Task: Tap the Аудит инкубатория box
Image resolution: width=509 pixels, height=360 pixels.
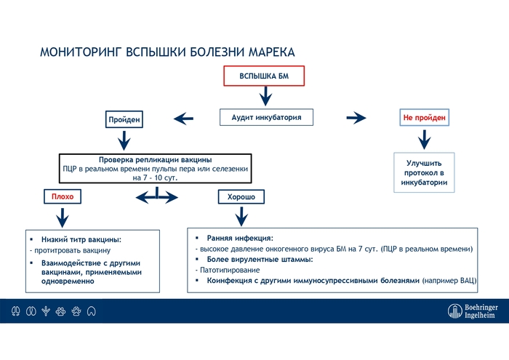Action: click(x=266, y=117)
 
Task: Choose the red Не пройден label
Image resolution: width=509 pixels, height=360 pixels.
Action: click(x=425, y=117)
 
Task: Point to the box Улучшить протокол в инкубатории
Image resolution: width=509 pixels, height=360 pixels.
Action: click(x=425, y=172)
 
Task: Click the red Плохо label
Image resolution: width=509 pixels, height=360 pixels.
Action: click(x=63, y=196)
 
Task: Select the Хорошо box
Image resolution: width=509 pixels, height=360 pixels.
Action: click(x=241, y=196)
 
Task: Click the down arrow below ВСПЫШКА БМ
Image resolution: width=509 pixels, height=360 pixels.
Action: click(x=265, y=95)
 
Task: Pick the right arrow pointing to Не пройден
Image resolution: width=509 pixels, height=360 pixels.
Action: click(x=356, y=117)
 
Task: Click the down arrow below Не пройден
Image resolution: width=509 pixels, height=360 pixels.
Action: click(x=425, y=137)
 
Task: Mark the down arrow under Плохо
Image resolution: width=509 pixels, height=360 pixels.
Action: click(x=63, y=216)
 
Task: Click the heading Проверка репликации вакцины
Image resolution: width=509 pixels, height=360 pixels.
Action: click(x=155, y=159)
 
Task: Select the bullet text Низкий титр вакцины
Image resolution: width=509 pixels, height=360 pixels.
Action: click(x=81, y=239)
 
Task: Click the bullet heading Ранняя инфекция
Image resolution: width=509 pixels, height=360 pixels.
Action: click(x=240, y=238)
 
